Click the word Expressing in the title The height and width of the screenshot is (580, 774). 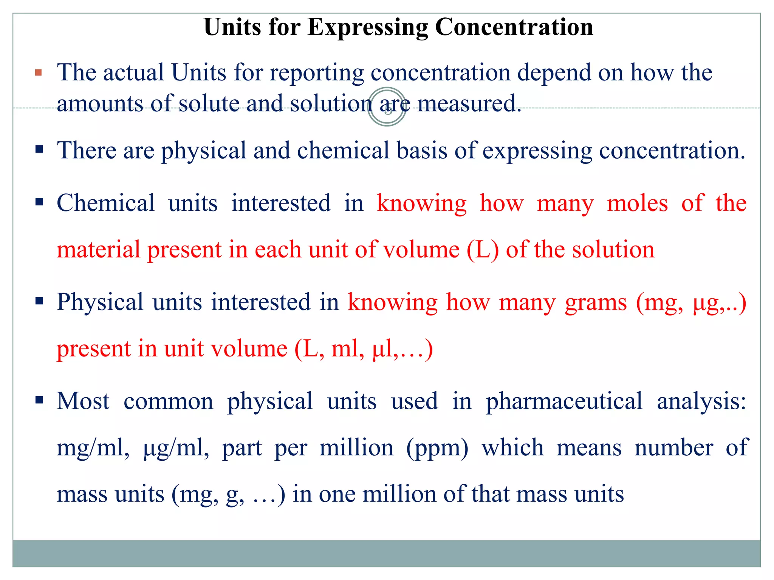[368, 28]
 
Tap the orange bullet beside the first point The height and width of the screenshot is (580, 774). [38, 72]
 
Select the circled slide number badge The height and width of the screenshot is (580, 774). [387, 107]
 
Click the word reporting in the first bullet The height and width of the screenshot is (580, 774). [317, 73]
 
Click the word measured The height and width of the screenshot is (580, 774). [469, 103]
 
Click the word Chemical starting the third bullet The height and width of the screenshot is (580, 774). [106, 203]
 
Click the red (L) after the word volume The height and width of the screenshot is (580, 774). [483, 250]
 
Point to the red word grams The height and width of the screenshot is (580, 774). [596, 302]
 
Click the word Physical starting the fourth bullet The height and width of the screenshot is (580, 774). [100, 302]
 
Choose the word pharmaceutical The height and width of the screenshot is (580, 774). [564, 401]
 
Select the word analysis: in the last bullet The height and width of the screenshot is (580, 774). [701, 401]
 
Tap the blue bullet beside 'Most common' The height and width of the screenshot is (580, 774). [39, 400]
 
